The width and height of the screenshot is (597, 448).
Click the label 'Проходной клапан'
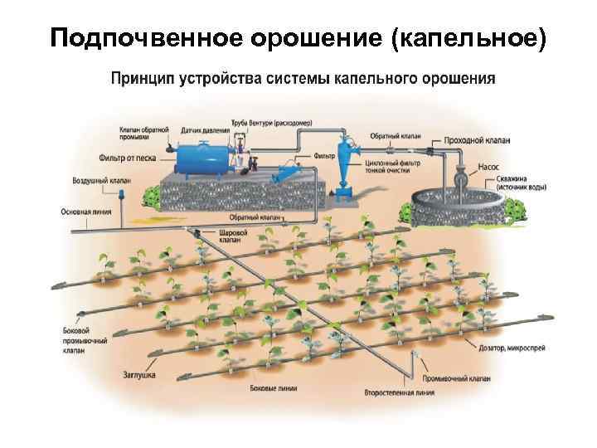pos(478,141)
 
